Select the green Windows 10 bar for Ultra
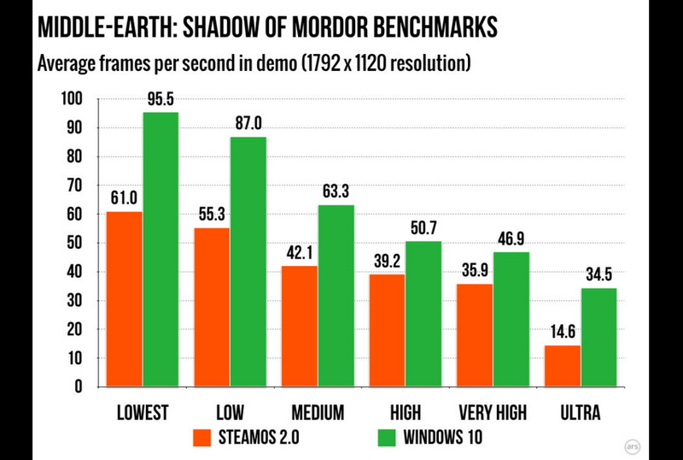598,337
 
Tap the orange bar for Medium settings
300,326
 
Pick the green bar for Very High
511,319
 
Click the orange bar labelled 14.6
563,366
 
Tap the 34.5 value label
599,275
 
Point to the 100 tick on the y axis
72,100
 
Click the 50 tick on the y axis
75,244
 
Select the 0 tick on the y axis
79,386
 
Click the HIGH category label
405,413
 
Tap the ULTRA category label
581,413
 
